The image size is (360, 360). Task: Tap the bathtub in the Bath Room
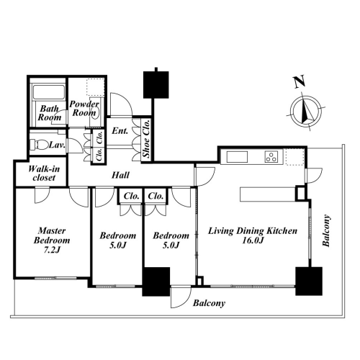click(49, 91)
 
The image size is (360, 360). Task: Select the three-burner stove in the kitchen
click(271, 156)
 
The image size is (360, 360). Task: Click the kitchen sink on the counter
click(237, 157)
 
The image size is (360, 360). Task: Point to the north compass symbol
click(306, 112)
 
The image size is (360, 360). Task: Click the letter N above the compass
click(300, 81)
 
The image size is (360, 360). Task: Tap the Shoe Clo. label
click(146, 138)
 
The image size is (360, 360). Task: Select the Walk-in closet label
click(44, 174)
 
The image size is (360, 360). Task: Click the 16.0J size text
click(253, 240)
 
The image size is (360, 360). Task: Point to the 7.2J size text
click(52, 250)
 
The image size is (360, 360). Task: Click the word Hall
click(120, 175)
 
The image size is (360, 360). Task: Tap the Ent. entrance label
click(120, 131)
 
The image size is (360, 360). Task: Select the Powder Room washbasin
click(96, 112)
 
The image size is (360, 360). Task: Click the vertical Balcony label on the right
click(326, 230)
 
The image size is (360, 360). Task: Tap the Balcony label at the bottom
click(209, 303)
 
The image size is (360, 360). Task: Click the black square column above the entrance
click(156, 84)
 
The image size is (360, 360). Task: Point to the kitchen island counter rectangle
click(268, 194)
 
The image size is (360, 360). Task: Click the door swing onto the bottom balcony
click(181, 297)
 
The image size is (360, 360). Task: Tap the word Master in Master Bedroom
click(52, 231)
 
